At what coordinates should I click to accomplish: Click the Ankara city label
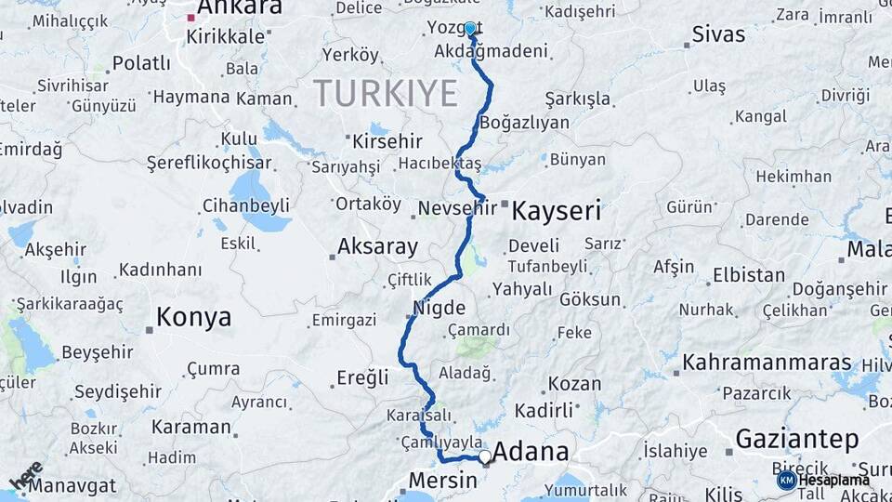[240, 7]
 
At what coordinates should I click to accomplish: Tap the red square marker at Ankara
[191, 18]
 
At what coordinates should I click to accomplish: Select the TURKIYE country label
[386, 93]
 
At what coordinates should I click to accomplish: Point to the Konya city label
[193, 318]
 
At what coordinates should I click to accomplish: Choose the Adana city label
[531, 453]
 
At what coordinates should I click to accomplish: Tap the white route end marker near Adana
[484, 456]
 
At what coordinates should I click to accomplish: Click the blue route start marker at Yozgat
[470, 29]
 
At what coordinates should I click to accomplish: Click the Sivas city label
[718, 35]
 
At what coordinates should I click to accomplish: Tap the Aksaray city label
[377, 247]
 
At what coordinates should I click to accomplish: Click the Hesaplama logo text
[833, 480]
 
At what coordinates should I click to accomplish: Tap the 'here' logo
[27, 475]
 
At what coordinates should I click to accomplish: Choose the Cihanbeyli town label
[246, 205]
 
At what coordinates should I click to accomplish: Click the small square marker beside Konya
[149, 329]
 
